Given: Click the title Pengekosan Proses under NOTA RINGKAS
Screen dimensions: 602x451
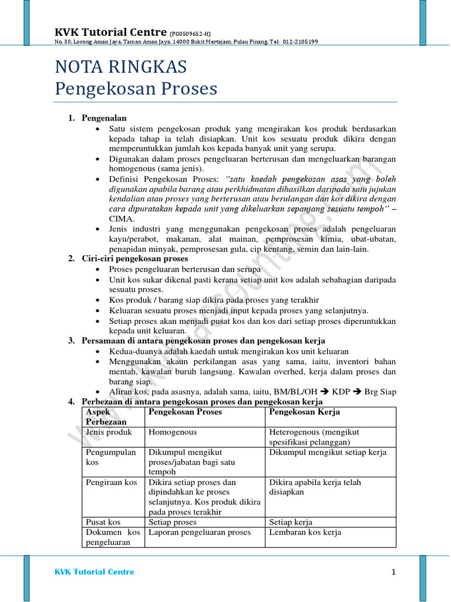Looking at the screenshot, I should coord(136,89).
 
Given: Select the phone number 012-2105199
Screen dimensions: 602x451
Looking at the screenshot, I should coord(299,42).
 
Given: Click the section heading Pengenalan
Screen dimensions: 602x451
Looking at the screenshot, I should coord(104,118).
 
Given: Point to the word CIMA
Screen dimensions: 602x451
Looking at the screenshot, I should coord(120,219).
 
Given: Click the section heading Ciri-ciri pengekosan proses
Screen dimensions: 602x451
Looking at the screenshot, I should coord(135,259).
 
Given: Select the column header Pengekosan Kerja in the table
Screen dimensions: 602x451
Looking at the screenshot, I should coord(304,412).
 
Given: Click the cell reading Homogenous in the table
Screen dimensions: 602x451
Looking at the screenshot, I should coord(173,432).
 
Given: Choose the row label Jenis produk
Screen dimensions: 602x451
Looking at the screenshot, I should coord(109,432).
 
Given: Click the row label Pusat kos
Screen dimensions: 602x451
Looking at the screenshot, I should coord(103,522).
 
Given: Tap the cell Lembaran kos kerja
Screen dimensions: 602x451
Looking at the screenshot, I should coord(305,532).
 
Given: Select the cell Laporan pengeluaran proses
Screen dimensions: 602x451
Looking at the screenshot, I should coord(199,532).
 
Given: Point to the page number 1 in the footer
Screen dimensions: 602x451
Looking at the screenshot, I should coord(393,572).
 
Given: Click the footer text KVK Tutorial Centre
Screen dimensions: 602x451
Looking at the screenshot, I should coord(94,572).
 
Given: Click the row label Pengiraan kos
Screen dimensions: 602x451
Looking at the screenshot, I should coord(112,482).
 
